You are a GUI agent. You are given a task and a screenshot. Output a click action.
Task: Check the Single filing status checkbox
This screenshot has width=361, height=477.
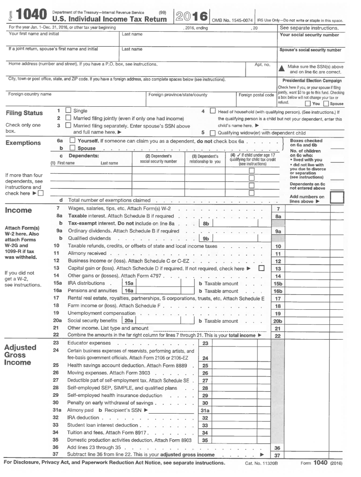coord(68,111)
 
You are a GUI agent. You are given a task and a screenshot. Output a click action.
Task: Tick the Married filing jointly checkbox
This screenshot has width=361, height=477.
coord(68,118)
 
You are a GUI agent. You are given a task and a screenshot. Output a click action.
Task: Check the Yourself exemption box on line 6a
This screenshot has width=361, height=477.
coord(72,141)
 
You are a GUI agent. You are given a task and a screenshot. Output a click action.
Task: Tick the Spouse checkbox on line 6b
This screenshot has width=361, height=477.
coord(72,148)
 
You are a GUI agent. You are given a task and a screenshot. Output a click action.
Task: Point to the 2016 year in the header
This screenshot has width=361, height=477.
coord(192,16)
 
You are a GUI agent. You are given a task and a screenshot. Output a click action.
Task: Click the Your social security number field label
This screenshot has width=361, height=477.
coord(309,35)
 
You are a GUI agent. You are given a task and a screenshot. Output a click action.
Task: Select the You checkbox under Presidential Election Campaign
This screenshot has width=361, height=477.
coord(308,103)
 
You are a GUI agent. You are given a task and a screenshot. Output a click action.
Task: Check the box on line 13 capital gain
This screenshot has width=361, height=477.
coord(261,268)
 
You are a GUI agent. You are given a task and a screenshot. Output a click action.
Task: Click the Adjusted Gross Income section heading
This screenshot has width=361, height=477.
coord(20,355)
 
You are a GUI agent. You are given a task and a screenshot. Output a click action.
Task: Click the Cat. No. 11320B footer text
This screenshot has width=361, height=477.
coord(261,463)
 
